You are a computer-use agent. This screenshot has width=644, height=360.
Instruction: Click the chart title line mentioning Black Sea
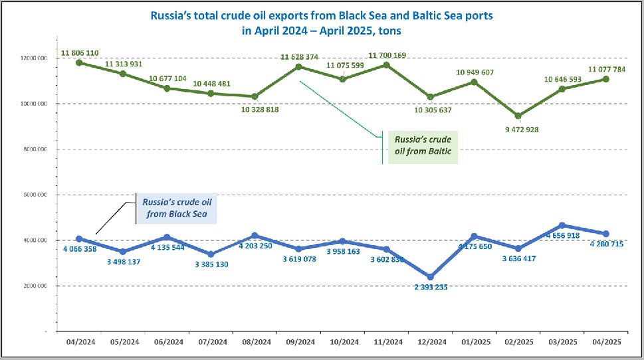[x=322, y=14]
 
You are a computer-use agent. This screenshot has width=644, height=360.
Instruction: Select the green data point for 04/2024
[x=79, y=62]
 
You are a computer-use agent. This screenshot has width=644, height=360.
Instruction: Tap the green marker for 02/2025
[x=518, y=116]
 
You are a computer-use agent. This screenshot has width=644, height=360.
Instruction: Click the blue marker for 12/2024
[x=430, y=277]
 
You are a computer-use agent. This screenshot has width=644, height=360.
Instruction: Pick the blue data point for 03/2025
[x=562, y=225]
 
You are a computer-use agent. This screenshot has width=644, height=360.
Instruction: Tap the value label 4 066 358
[x=80, y=249]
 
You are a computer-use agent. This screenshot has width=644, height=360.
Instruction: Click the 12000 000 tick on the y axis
[x=33, y=58]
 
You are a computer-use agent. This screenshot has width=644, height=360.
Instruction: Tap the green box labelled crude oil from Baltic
[x=423, y=146]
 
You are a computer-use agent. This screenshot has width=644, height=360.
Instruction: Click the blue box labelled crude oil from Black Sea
[x=177, y=208]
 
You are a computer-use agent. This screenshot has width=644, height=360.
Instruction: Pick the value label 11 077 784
[x=606, y=68]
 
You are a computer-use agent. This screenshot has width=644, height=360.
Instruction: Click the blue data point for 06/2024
[x=167, y=237]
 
